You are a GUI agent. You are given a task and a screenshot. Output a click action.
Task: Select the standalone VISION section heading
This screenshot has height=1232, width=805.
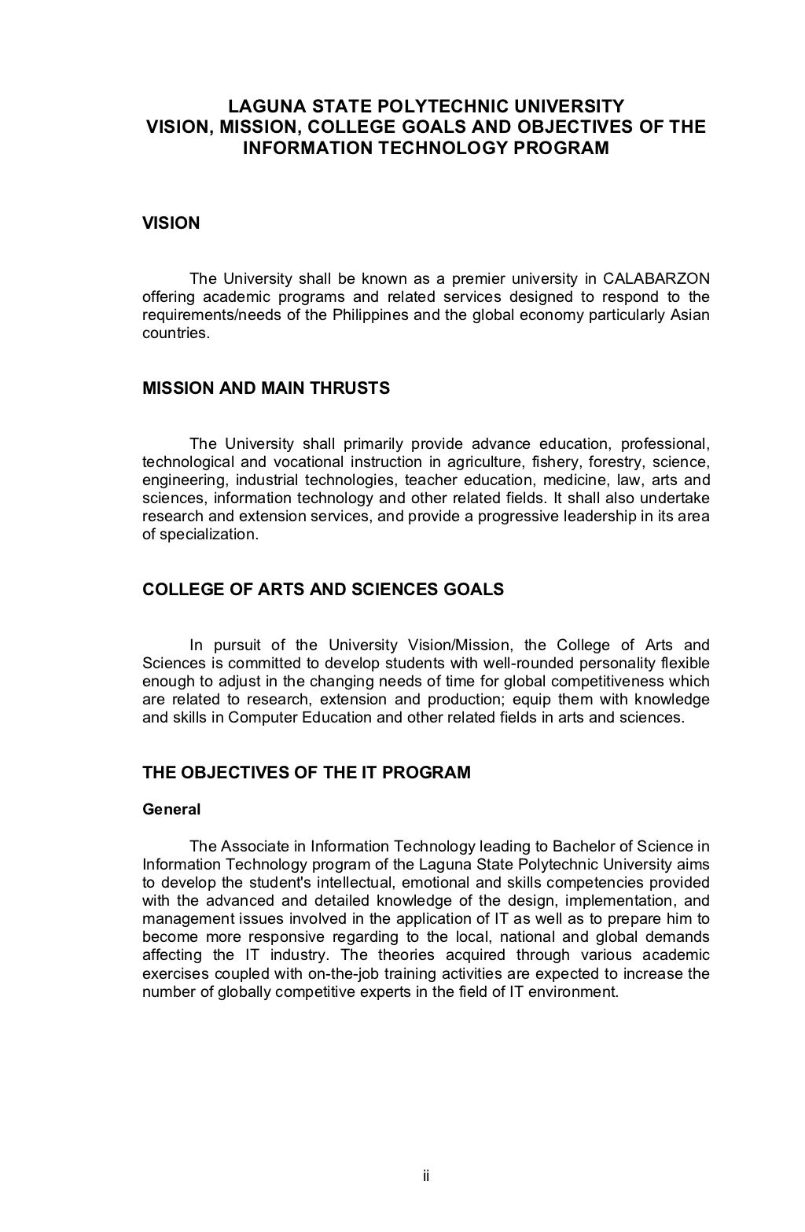[x=171, y=223]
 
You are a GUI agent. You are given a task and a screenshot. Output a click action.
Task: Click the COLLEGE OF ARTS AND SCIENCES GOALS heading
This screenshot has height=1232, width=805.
[x=322, y=590]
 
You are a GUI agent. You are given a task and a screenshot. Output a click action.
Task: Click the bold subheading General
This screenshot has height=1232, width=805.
[x=171, y=809]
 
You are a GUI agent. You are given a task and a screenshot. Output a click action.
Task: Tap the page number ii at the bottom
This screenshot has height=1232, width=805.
[x=425, y=1176]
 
